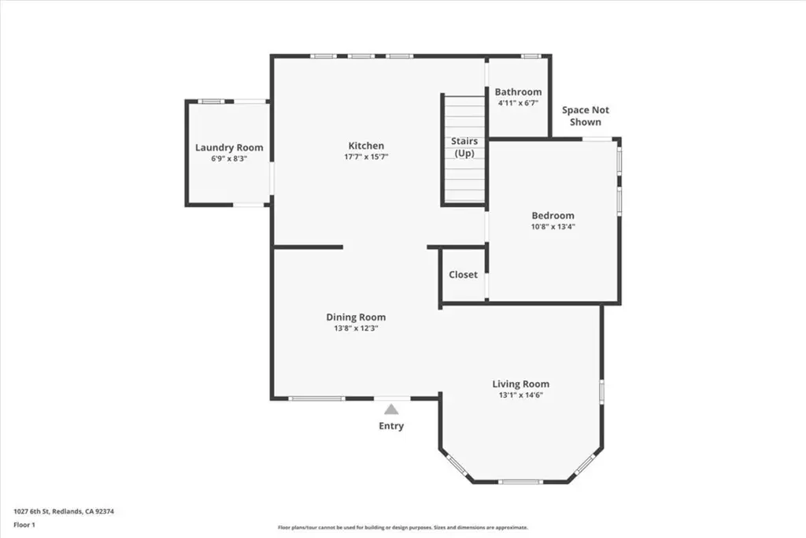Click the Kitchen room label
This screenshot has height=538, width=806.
[x=366, y=146]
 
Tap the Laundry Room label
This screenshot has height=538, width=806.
[x=229, y=147]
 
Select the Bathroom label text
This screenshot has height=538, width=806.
[x=518, y=92]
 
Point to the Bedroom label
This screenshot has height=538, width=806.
[x=553, y=216]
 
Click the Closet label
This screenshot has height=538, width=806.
[x=463, y=275]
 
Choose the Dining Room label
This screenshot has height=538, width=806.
[x=356, y=317]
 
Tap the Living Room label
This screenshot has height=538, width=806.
[x=521, y=384]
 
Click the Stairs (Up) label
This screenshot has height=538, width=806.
[x=464, y=147]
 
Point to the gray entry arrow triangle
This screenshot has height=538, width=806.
[x=391, y=410]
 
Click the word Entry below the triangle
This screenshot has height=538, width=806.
[x=391, y=426]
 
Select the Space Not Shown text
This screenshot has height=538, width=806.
[x=586, y=116]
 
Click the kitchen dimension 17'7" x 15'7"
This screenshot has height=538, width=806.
[x=366, y=157]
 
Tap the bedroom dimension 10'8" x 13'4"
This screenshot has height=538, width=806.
[x=553, y=226]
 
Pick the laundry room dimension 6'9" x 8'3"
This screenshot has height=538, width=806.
[x=229, y=159]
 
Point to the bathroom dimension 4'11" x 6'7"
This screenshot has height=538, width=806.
[x=518, y=103]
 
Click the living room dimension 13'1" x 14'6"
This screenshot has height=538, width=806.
[x=521, y=395]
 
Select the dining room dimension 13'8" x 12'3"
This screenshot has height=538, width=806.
[x=356, y=328]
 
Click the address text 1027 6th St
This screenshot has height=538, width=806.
[x=31, y=511]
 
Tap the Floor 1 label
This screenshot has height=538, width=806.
[x=24, y=525]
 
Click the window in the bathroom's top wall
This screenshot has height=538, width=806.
[x=531, y=56]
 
